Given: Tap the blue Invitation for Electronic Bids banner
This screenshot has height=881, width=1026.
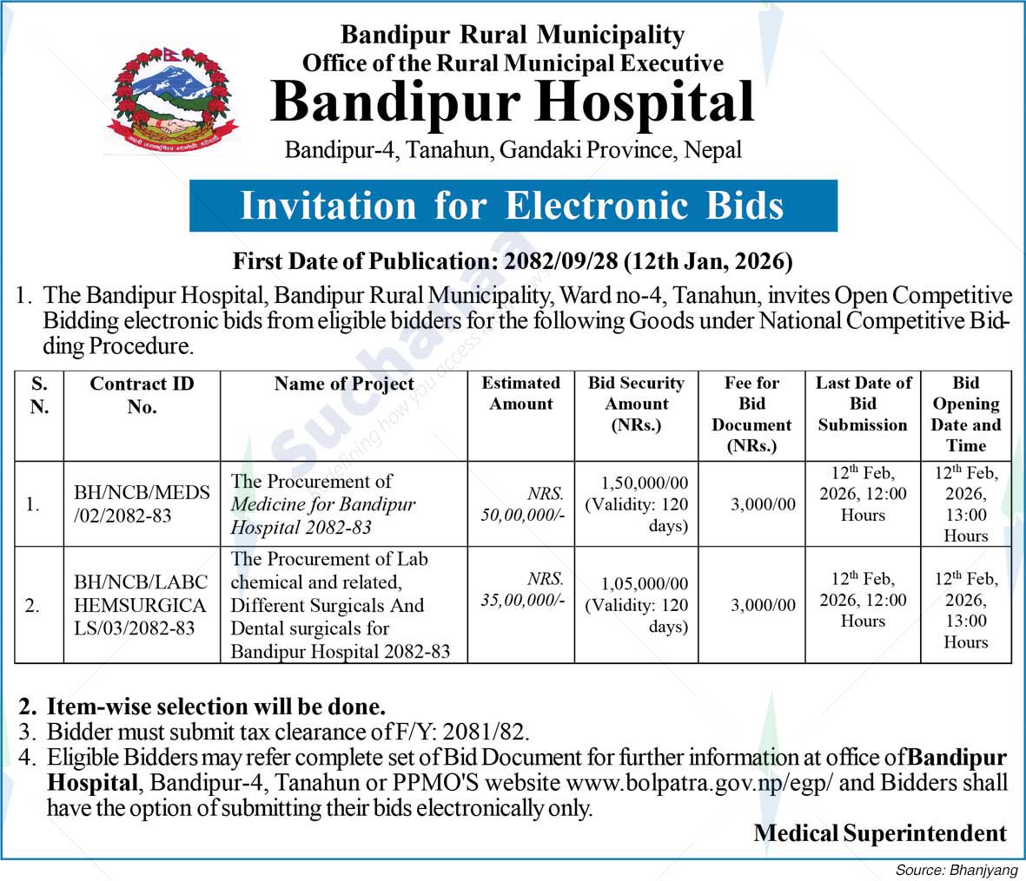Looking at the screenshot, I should [513, 206].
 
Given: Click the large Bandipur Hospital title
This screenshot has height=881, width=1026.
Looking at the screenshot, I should [513, 102].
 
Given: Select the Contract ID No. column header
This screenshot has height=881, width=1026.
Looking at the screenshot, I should [142, 395].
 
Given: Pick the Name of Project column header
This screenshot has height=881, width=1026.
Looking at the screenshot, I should [344, 384].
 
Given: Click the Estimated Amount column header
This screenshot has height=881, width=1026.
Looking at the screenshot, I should [520, 393].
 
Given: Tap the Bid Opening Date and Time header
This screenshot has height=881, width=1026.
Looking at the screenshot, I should [965, 414].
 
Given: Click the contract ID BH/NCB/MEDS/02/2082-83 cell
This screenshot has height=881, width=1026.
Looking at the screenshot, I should [142, 503].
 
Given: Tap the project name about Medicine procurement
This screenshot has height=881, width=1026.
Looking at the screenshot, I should [323, 503].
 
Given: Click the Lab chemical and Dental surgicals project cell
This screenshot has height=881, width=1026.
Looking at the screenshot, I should [341, 605].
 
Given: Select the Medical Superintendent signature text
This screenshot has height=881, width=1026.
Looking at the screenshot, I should [879, 833].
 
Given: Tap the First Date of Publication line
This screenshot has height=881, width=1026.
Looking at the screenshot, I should [513, 260].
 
